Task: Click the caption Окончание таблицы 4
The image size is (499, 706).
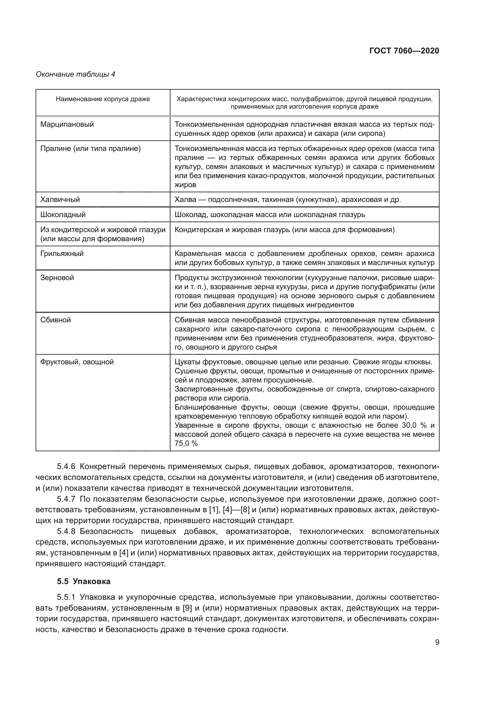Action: tap(76, 74)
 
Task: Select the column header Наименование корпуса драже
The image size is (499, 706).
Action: tap(103, 99)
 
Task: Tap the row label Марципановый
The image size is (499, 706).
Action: tap(67, 125)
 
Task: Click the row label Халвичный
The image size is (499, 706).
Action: tap(60, 200)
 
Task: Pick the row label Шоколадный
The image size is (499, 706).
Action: tap(63, 215)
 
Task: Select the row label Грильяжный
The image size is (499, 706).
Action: tap(62, 254)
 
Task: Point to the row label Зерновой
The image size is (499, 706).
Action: tap(57, 278)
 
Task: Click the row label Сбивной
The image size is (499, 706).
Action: tap(56, 320)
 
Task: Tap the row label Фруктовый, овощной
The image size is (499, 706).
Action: tap(77, 362)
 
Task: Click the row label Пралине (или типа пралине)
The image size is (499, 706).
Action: tap(90, 149)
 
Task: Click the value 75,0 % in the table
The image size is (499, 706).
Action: tap(186, 443)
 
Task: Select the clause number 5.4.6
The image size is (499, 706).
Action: tap(66, 466)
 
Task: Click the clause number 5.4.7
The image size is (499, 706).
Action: tap(66, 499)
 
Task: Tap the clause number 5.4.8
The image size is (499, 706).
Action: tap(66, 531)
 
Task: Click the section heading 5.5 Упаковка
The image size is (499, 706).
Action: tap(84, 581)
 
